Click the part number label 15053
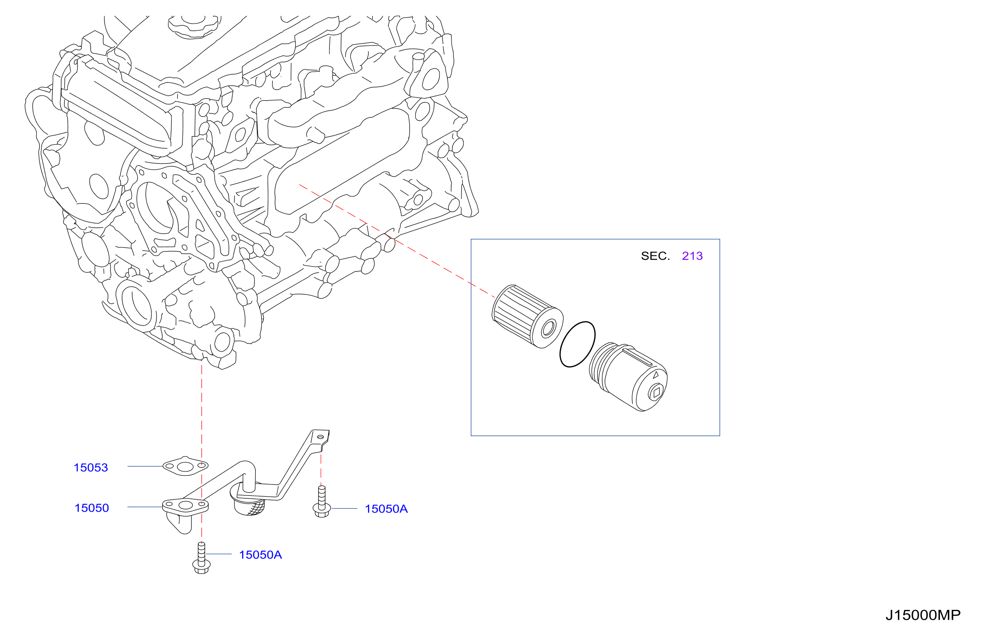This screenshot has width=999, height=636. (91, 468)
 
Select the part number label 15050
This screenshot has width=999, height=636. (92, 508)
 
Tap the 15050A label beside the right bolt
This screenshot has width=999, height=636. (386, 509)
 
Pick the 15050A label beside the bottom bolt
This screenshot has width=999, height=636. (260, 555)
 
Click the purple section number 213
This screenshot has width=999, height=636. (692, 256)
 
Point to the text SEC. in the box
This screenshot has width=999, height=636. (655, 256)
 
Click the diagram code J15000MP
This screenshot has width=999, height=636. (923, 615)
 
